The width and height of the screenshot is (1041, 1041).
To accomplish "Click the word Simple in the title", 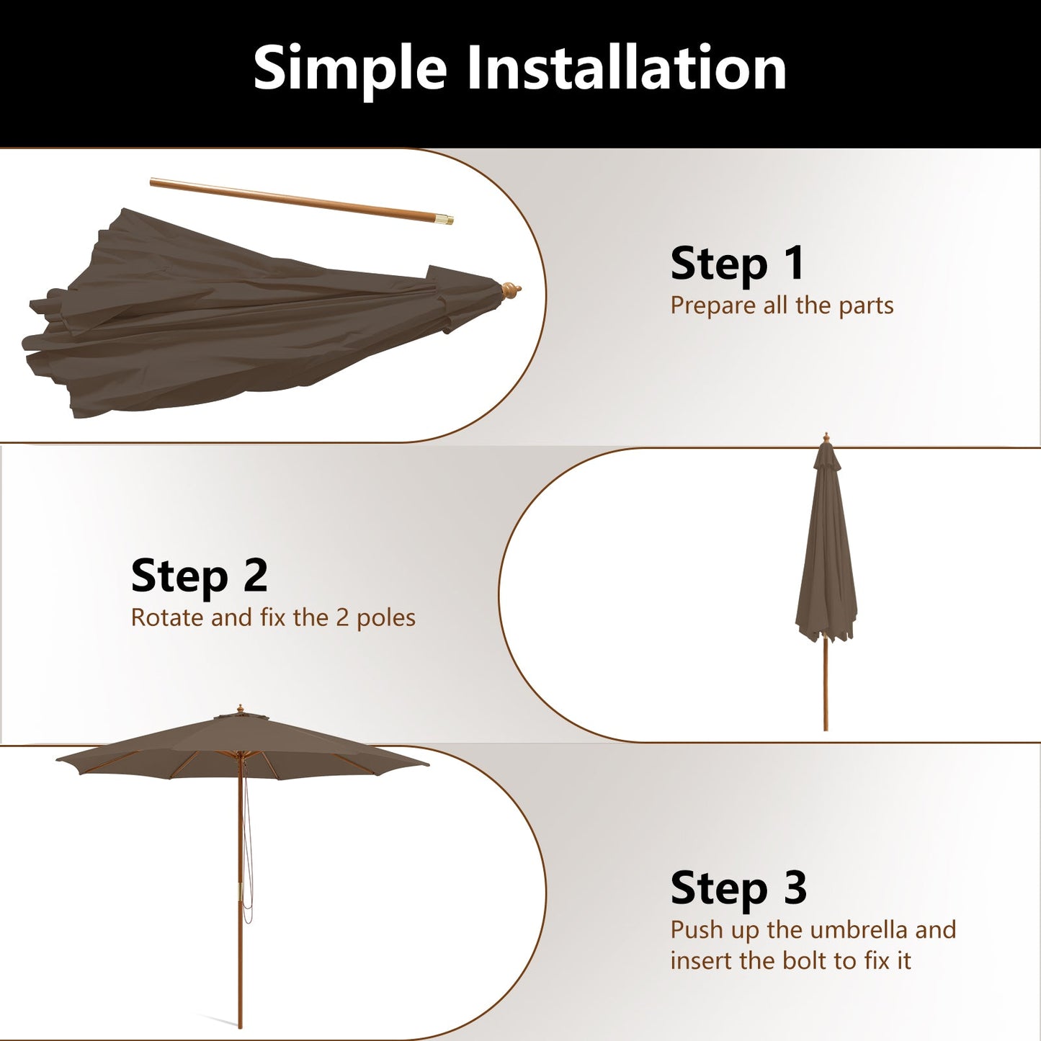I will (350, 68).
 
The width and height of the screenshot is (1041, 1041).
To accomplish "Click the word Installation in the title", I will (627, 68).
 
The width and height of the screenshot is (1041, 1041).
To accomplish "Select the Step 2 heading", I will (199, 576).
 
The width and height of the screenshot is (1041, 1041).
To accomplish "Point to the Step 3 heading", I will (738, 888).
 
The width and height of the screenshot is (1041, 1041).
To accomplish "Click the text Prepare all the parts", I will (782, 305).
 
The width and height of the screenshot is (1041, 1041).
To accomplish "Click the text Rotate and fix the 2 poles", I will (273, 618).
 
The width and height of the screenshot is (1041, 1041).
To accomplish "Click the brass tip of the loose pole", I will (447, 218).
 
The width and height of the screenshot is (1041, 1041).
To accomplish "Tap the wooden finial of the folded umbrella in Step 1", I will (511, 291).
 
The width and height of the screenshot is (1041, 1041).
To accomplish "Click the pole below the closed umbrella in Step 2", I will (826, 684).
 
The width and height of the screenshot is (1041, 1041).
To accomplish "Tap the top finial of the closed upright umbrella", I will (826, 438).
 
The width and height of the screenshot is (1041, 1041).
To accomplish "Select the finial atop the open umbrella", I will (240, 710).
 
